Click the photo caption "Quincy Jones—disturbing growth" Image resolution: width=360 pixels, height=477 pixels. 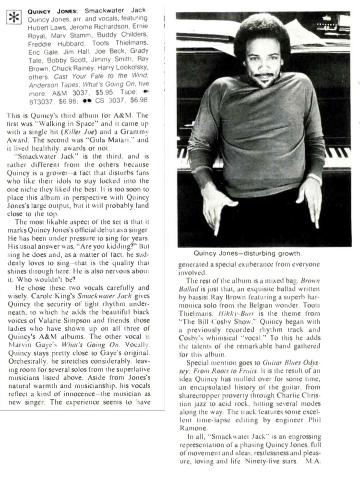pyautogui.click(x=247, y=253)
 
